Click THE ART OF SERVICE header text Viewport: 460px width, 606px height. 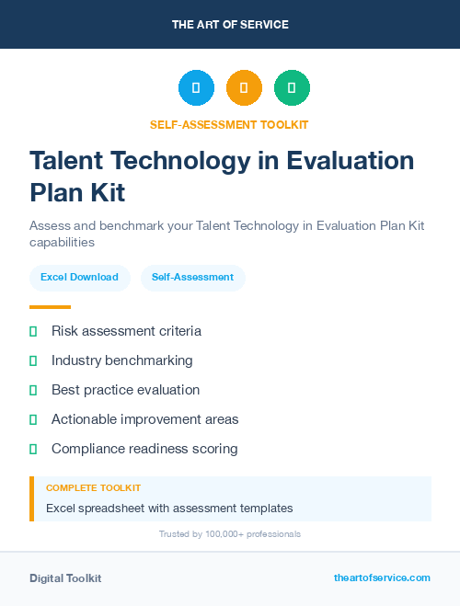[x=230, y=25]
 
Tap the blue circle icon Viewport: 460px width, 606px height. [x=196, y=88]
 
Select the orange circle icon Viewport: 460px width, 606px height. [x=244, y=88]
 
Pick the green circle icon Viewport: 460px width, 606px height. [x=292, y=88]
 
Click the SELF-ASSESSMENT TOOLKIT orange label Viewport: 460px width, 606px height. [x=230, y=124]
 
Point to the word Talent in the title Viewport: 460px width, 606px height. [x=66, y=160]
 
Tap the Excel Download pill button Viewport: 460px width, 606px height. [x=79, y=277]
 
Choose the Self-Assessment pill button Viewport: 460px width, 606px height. [x=192, y=277]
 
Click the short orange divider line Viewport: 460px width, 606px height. [x=50, y=307]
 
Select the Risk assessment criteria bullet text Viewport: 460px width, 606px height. [x=126, y=331]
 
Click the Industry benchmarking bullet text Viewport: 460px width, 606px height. [x=122, y=360]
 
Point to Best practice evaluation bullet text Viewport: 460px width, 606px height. [x=125, y=390]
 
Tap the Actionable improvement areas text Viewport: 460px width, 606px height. [x=144, y=419]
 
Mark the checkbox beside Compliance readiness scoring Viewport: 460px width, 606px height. [x=33, y=449]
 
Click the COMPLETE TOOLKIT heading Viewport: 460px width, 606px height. [x=93, y=488]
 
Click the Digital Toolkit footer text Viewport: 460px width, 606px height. [x=65, y=578]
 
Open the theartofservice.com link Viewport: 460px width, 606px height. [x=382, y=577]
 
